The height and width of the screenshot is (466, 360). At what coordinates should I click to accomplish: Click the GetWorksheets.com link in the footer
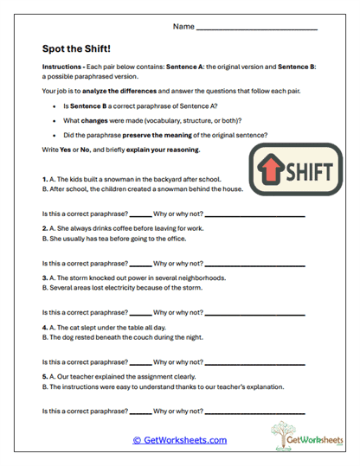179,440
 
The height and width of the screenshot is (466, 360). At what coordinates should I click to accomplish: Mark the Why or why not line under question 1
254,213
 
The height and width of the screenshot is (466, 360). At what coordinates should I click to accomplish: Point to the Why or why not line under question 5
254,412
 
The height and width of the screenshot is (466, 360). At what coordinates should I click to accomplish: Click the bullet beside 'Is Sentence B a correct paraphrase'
55,105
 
